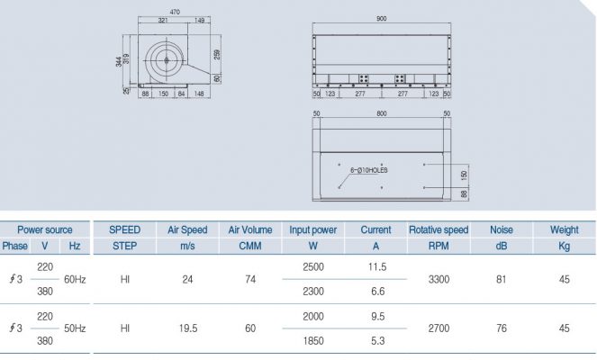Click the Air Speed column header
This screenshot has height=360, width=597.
tap(187, 229)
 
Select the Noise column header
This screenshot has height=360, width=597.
tap(502, 229)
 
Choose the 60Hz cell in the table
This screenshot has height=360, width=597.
tap(75, 280)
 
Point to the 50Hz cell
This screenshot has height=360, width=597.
tap(75, 328)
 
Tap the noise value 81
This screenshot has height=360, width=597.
tap(502, 280)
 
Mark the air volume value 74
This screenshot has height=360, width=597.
tap(250, 280)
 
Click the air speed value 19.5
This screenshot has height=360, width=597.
tap(187, 328)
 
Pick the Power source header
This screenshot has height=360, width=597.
tap(45, 229)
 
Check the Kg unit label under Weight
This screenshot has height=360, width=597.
tap(564, 246)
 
